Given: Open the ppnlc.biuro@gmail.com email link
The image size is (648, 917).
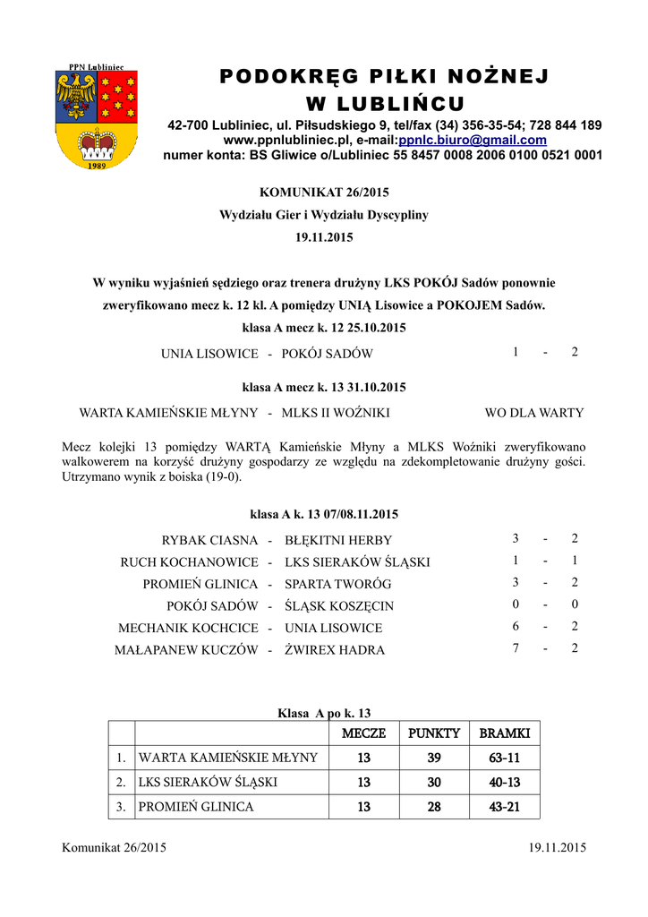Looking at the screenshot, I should [473, 141].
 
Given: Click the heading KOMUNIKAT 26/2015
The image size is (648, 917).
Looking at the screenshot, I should [324, 192].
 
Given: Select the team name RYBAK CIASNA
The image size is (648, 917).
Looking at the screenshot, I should [209, 540].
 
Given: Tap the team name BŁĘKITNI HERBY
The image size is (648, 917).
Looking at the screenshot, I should [338, 540].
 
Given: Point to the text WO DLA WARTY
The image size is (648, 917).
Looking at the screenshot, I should [533, 413].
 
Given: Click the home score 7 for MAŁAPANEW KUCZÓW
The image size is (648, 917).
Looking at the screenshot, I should [516, 648].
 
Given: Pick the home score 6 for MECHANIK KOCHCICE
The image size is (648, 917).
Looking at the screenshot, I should [516, 627].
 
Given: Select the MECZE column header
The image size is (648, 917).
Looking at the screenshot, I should [363, 733].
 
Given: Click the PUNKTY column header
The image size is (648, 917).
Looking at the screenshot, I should [434, 733].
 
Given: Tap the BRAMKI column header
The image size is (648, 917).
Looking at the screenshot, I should [505, 733].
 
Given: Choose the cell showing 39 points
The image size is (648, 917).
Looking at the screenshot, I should [434, 758].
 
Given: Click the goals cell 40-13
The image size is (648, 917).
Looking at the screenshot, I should [505, 782].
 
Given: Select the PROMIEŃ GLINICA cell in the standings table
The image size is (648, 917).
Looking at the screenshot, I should [196, 807].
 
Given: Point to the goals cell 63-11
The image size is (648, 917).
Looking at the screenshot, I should [505, 758].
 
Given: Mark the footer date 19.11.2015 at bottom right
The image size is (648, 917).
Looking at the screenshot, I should [558, 847].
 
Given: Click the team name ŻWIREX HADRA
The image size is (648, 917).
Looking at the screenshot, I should [335, 650].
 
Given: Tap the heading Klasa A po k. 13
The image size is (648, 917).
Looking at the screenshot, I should [324, 713].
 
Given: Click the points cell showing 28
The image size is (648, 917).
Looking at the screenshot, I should [434, 807].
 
